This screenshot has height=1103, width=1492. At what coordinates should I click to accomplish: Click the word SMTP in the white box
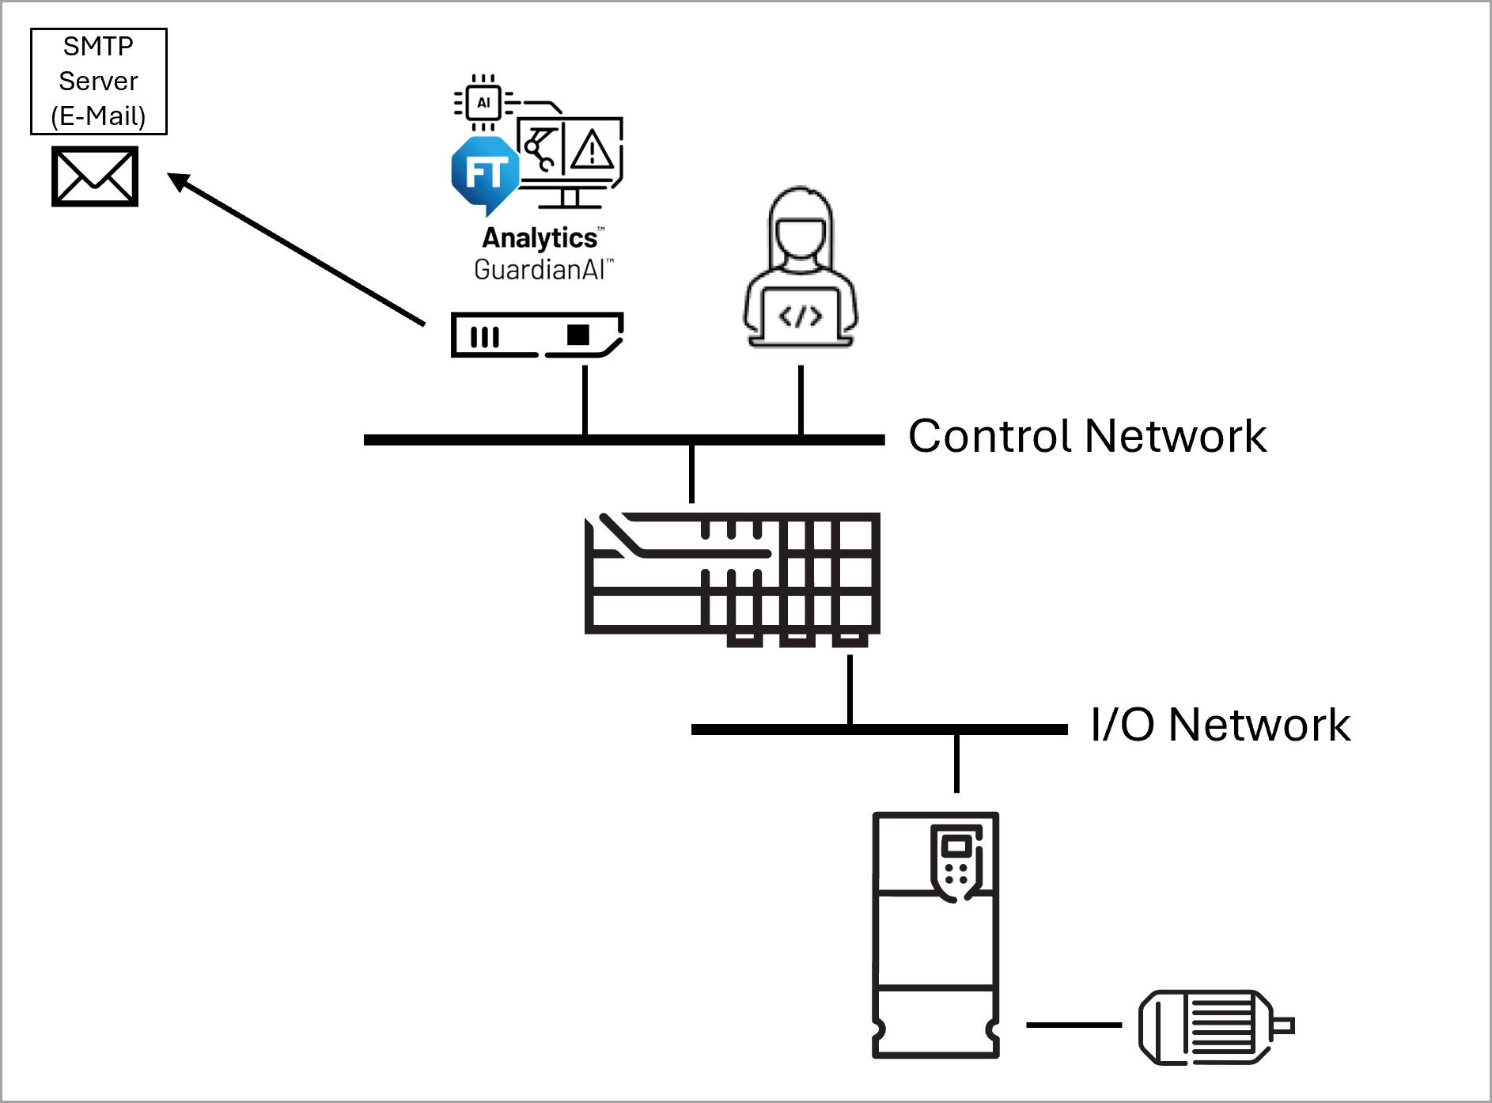click(98, 47)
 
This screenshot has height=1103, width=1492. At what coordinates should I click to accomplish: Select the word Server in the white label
click(98, 81)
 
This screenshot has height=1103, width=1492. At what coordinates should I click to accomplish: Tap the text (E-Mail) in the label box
click(98, 116)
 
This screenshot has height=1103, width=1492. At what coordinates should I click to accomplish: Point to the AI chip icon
click(483, 102)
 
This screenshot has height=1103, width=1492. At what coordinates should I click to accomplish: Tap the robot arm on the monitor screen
click(540, 148)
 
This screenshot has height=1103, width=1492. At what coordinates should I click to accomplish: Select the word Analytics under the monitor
click(540, 238)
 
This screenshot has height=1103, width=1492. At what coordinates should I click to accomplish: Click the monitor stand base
click(570, 207)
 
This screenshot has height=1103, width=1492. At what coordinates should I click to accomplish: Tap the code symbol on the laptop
click(800, 317)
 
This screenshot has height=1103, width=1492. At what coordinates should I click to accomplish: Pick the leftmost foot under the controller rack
click(744, 641)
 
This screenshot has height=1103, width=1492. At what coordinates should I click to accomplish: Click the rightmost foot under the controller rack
click(850, 641)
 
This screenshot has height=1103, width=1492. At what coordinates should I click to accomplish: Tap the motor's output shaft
click(1285, 1026)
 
